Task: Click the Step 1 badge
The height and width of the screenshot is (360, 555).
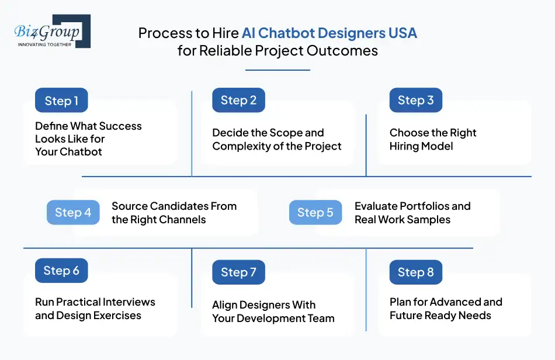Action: [61, 101]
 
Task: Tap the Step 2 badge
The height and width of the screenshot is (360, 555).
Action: [238, 100]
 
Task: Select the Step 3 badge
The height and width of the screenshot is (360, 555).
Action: [415, 100]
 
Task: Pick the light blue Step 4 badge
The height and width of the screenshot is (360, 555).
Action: [73, 213]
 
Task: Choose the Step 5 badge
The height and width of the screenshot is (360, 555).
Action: [315, 213]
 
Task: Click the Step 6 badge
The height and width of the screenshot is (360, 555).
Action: [61, 271]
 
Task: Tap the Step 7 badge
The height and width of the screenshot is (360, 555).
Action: [238, 272]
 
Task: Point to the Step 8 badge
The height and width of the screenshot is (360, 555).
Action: [415, 272]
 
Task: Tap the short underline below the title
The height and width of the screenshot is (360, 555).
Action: [277, 70]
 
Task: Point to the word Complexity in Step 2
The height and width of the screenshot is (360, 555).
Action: [241, 146]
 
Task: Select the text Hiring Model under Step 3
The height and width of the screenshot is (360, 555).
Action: [421, 146]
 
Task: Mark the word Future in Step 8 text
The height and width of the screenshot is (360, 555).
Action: [407, 316]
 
